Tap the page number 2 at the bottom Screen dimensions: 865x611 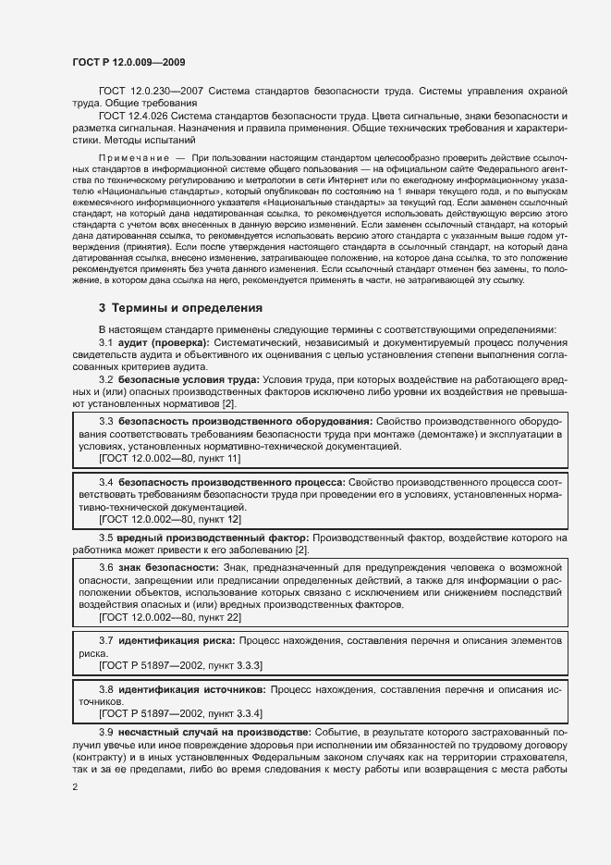click(x=74, y=787)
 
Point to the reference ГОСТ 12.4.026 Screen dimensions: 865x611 click(x=139, y=116)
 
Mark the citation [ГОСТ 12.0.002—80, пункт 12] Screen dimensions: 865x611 click(x=170, y=520)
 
